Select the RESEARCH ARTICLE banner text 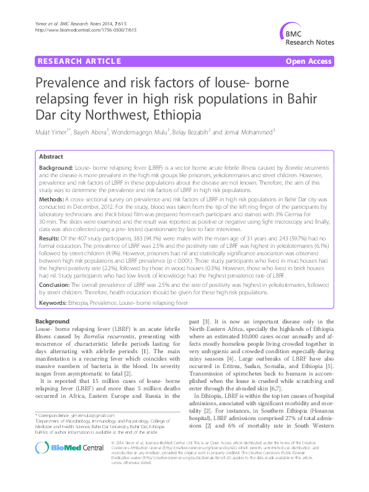click(x=79, y=61)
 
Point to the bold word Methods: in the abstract click(x=55, y=200)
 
